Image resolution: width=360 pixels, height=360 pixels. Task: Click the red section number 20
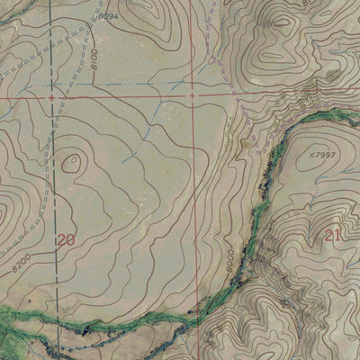(x=65, y=239)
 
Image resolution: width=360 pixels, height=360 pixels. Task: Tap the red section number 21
(x=332, y=235)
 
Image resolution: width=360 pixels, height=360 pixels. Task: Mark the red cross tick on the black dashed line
(x=52, y=94)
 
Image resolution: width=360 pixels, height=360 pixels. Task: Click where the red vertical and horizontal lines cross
(x=193, y=94)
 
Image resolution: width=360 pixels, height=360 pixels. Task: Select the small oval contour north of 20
(x=71, y=163)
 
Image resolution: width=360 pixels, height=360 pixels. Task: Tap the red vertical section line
(x=195, y=207)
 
